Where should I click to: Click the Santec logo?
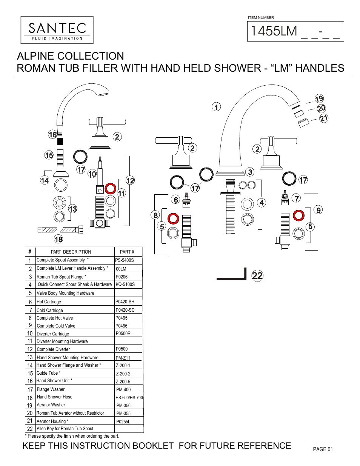[x=57, y=30]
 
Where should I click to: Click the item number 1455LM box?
[x=295, y=31]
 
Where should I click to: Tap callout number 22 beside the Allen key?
[x=257, y=276]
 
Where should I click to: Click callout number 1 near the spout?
[x=216, y=107]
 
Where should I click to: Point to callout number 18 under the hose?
[x=58, y=239]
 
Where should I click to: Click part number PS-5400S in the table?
[x=125, y=260]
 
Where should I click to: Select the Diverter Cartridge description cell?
[x=53, y=334]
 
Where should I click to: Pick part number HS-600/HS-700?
[x=129, y=398]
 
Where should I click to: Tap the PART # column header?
[x=127, y=252]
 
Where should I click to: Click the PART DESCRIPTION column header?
[x=71, y=252]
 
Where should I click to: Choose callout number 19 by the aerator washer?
[x=319, y=99]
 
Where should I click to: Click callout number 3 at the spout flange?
[x=250, y=172]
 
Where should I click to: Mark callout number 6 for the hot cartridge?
[x=175, y=200]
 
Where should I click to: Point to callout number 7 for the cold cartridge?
[x=297, y=198]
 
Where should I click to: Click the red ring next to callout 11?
[x=111, y=188]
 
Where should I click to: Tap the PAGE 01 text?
[x=323, y=449]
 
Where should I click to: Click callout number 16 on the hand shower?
[x=52, y=134]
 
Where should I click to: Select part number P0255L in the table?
[x=123, y=422]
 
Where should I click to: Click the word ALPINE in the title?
[x=37, y=56]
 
